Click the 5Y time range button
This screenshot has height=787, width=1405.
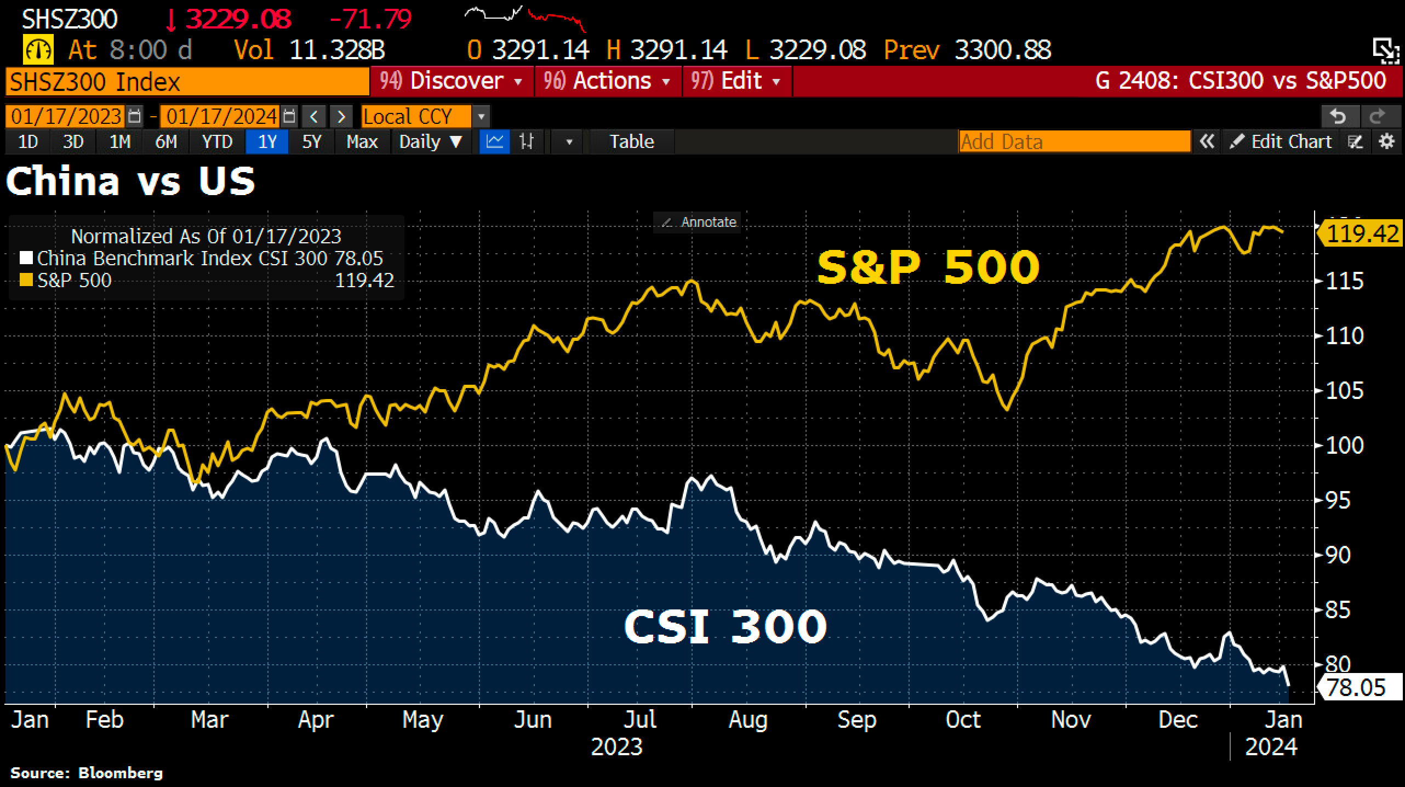[311, 142]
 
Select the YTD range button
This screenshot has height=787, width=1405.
[217, 142]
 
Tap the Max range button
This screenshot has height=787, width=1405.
[362, 142]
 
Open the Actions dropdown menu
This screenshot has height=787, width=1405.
[608, 81]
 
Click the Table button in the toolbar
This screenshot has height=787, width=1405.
[632, 142]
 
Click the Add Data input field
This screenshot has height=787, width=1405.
[1074, 142]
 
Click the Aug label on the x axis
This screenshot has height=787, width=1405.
[748, 720]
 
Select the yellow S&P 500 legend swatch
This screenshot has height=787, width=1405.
[25, 281]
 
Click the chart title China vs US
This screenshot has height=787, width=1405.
[130, 181]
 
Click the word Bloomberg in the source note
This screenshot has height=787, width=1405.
[121, 773]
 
